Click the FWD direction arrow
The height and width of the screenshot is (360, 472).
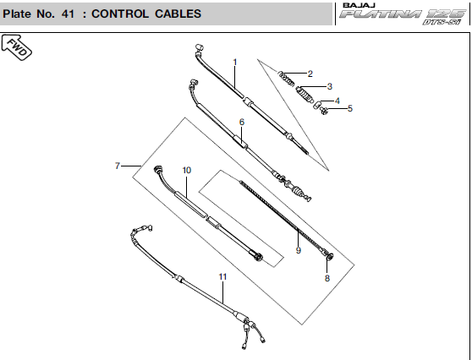(16, 47)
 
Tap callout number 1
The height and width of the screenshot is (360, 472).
(235, 62)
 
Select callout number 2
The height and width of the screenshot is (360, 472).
(310, 74)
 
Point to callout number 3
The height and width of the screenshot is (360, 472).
(330, 86)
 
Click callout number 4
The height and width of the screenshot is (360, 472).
(338, 101)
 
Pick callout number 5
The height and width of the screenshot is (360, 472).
(350, 108)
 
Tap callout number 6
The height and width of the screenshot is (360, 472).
(242, 122)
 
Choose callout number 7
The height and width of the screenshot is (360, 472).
(118, 166)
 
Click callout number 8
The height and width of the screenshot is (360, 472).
(327, 278)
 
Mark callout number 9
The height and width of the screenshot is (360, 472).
(299, 250)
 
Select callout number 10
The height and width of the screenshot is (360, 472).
(187, 170)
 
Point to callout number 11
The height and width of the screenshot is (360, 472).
(222, 276)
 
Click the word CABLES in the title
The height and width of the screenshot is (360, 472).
(178, 14)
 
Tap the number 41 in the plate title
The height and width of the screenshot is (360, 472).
(68, 14)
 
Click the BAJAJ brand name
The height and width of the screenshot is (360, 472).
(359, 5)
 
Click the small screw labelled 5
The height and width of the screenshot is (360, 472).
(324, 111)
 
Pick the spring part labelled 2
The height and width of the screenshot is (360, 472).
(285, 79)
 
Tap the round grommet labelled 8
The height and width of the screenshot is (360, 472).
(330, 257)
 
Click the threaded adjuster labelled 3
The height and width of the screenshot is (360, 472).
(304, 95)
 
